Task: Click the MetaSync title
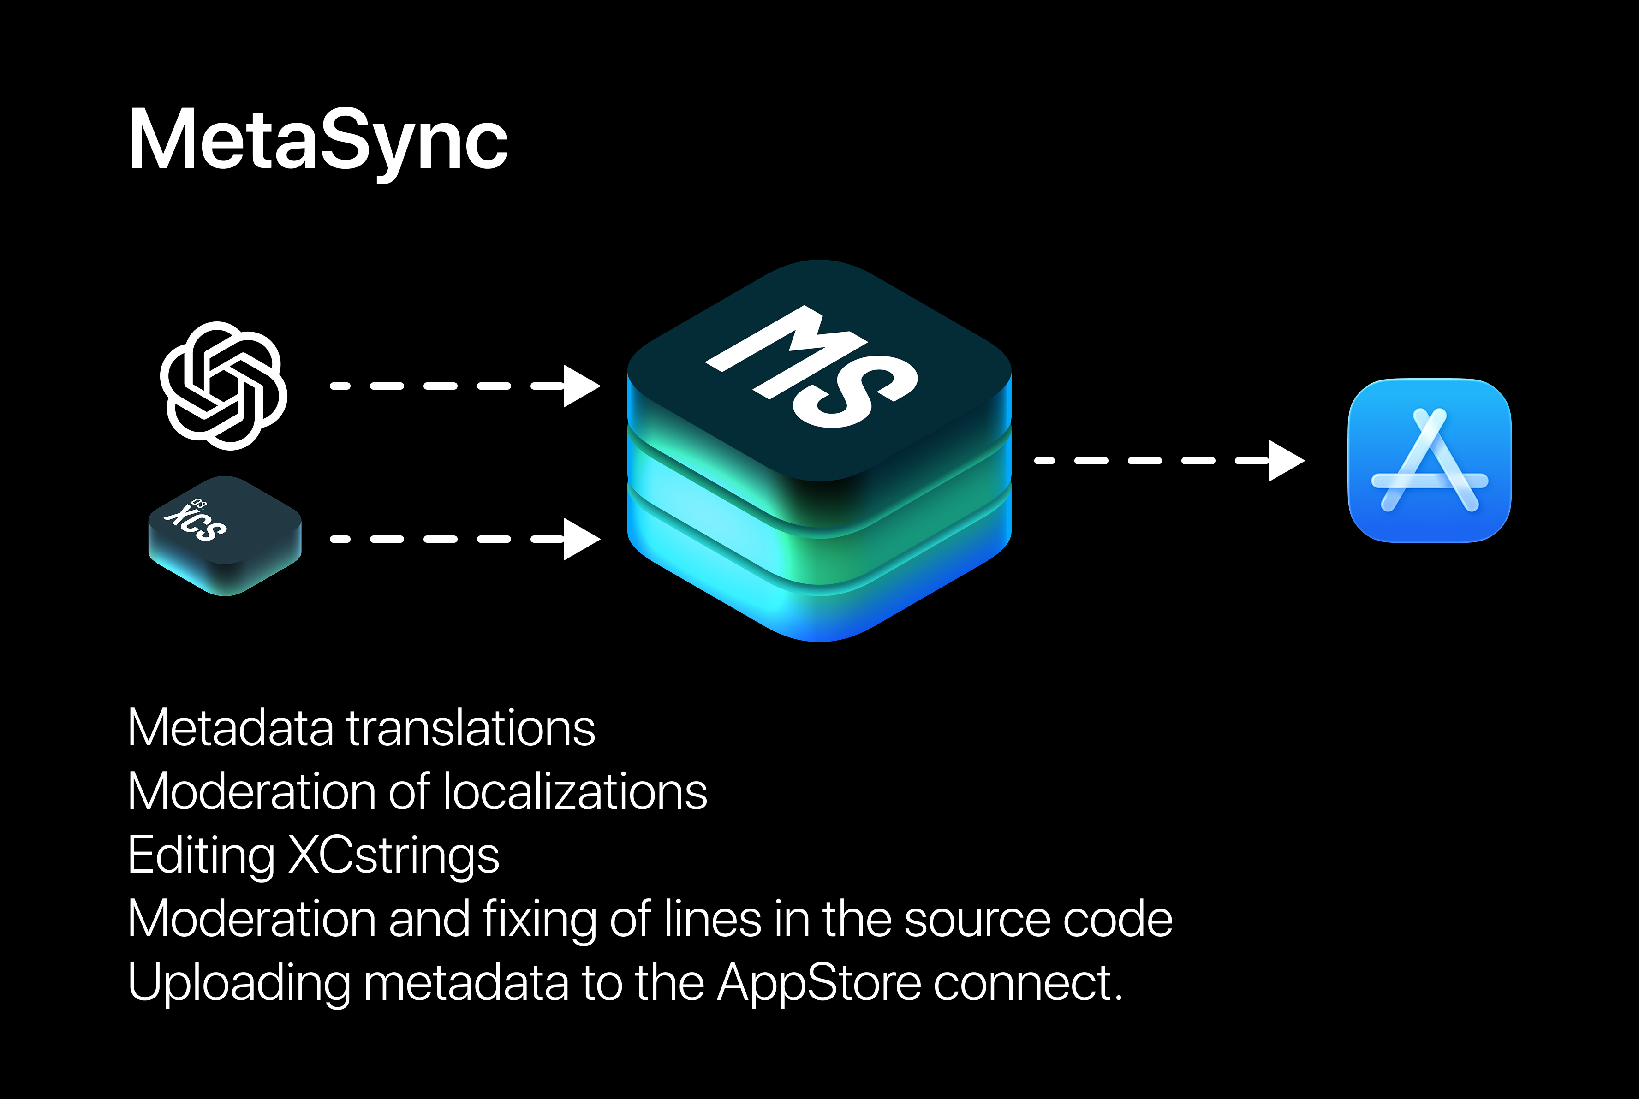(x=317, y=140)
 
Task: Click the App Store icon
(x=1430, y=460)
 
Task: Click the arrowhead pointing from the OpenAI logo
(x=582, y=386)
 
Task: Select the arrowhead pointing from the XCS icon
(x=582, y=539)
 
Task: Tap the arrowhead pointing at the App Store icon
(x=1286, y=460)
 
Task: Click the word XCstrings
(x=394, y=855)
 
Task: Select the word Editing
(x=201, y=855)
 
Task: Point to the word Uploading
(x=238, y=983)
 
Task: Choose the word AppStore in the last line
(x=819, y=983)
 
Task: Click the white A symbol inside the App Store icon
(x=1430, y=463)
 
